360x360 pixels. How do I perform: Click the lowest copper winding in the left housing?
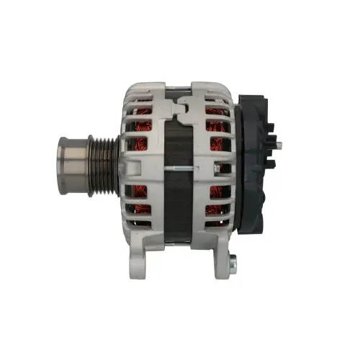coord(141,210)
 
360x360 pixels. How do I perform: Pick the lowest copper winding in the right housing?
coord(214,210)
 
